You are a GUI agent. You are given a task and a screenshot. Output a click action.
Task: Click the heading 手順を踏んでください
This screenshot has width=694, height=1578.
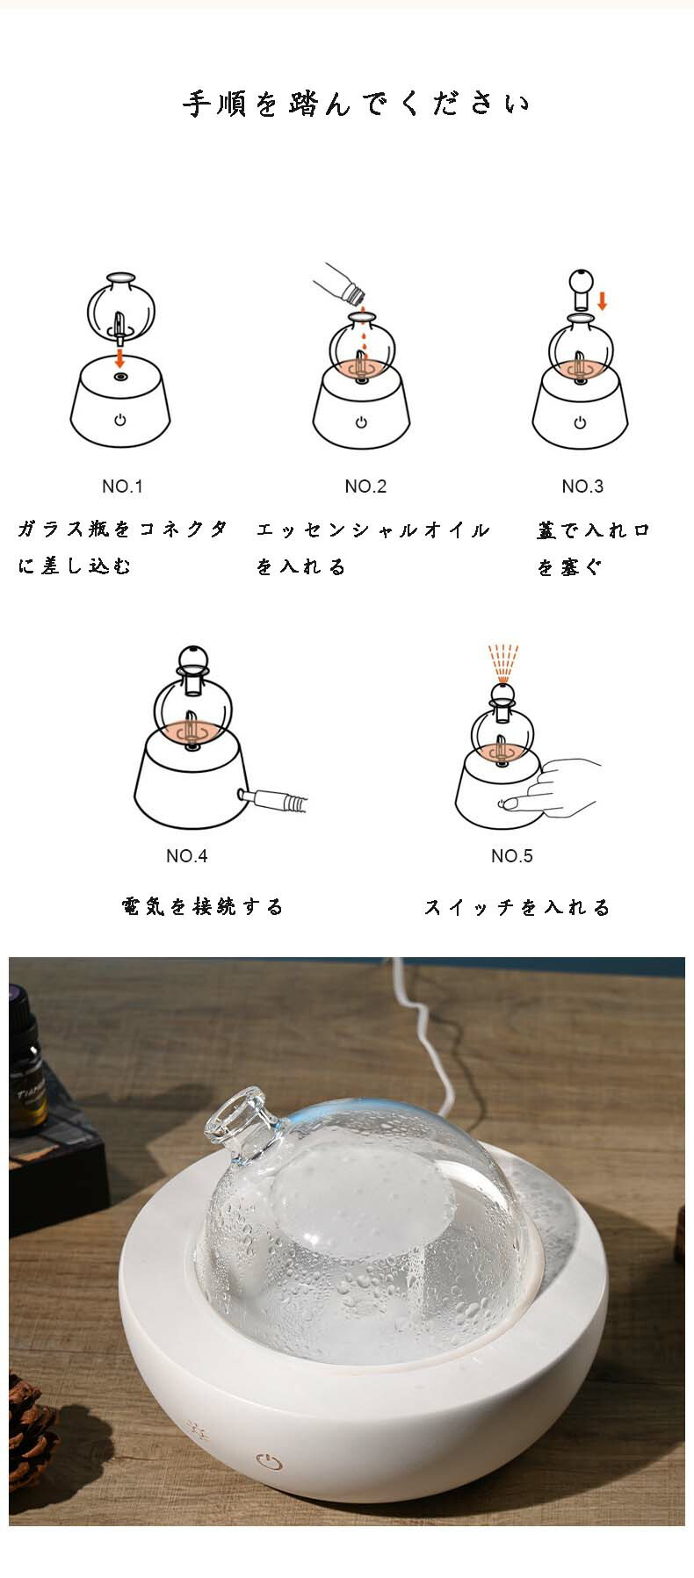[x=357, y=104]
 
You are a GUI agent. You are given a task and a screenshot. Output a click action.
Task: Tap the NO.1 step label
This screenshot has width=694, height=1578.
[x=122, y=486]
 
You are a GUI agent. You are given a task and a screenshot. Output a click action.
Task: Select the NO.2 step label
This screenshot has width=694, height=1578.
[x=365, y=486]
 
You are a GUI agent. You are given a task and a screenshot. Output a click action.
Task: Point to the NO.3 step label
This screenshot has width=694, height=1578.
[x=582, y=486]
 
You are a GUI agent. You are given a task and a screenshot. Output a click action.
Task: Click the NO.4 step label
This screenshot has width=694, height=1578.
[x=187, y=856]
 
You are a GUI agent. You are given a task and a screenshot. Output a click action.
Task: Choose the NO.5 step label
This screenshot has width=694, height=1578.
[x=512, y=856]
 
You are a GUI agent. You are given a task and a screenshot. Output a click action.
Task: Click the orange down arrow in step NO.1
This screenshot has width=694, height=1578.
[x=120, y=357]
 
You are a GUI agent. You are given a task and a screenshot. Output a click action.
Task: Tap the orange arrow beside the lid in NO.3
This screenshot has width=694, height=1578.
[x=603, y=301]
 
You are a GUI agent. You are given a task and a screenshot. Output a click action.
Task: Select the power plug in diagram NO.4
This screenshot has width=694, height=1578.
[x=273, y=799]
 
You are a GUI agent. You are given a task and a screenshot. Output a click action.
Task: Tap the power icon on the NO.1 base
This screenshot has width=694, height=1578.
[x=119, y=421]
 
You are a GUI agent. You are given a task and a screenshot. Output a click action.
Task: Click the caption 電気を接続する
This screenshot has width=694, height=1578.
[x=203, y=906]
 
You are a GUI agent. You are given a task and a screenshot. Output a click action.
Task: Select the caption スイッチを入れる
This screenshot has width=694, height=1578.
[x=517, y=907]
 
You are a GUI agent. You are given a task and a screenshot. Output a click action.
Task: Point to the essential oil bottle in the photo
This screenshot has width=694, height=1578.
[x=28, y=1057]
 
